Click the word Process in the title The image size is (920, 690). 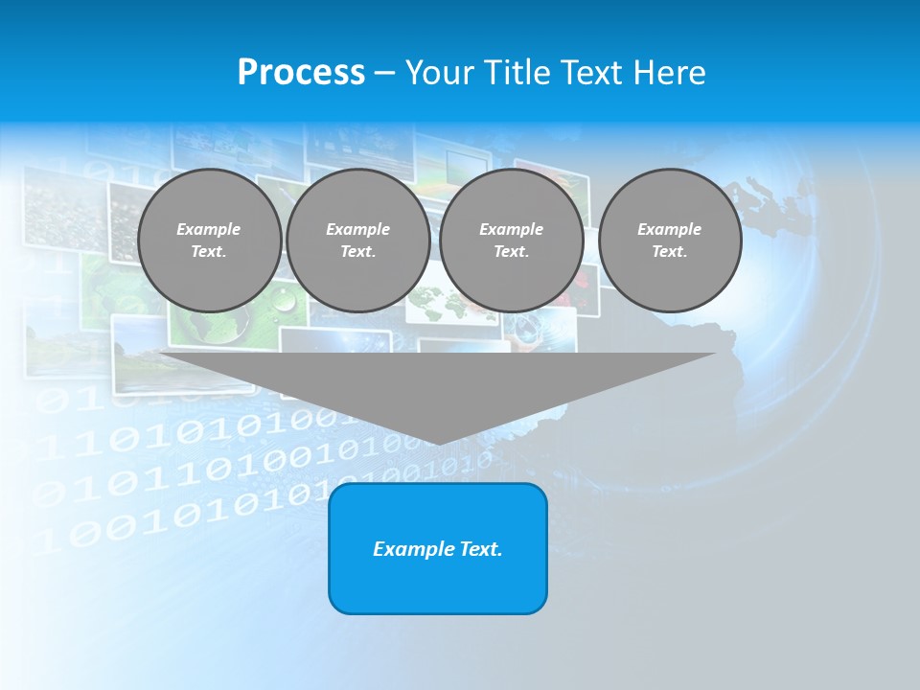point(301,73)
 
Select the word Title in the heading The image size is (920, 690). point(517,73)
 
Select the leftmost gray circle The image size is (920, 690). point(209,241)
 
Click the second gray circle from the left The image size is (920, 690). point(358,241)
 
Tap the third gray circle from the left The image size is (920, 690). point(512,241)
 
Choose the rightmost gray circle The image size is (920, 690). point(670,241)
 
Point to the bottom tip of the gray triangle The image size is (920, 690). point(438,442)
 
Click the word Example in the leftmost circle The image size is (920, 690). point(209,229)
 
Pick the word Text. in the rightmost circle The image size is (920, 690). point(670,252)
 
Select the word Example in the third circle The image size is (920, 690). point(512,229)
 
